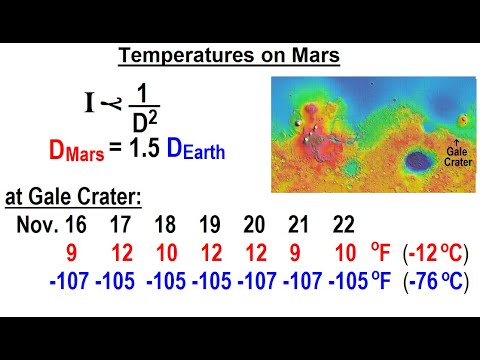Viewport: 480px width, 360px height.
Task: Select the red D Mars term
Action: (x=76, y=153)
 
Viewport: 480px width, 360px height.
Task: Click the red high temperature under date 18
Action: (x=167, y=254)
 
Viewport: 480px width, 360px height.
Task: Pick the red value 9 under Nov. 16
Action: (x=45, y=254)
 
